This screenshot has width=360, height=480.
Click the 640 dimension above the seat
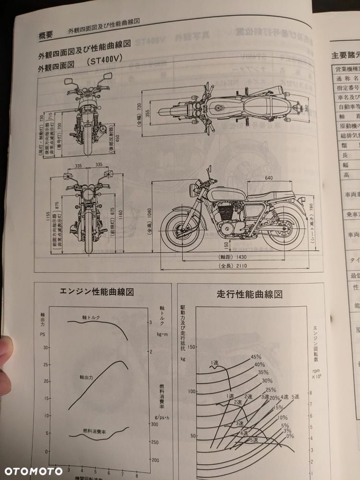click(268, 178)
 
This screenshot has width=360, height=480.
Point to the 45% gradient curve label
click(255, 357)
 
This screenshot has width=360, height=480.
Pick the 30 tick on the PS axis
click(46, 347)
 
